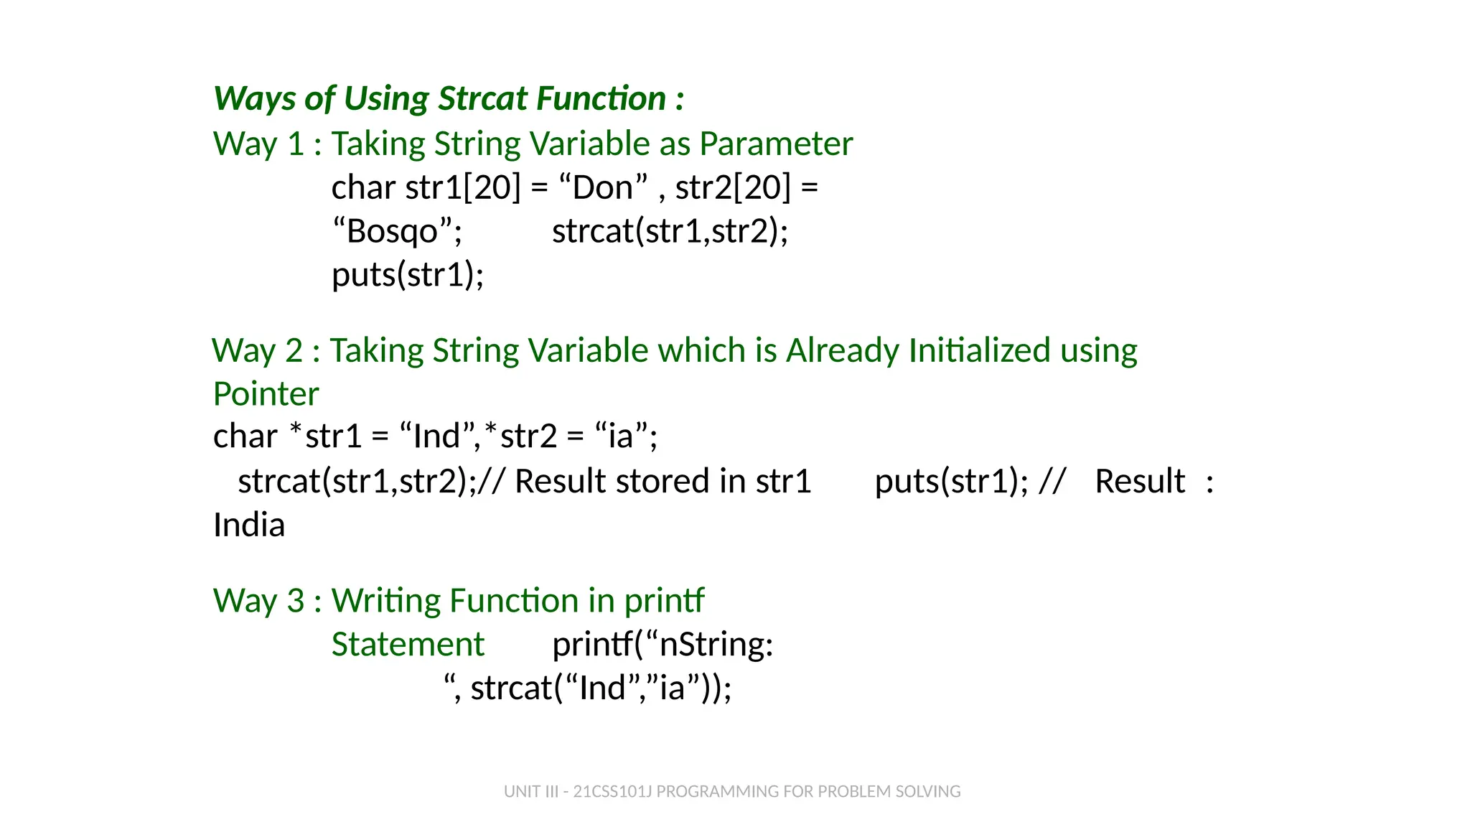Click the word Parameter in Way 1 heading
[776, 144]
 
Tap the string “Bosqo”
[397, 232]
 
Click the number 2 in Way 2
[294, 351]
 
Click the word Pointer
[266, 394]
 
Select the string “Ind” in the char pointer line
[437, 436]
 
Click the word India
[249, 525]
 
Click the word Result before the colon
[1140, 481]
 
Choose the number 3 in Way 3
[296, 601]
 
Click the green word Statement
[408, 645]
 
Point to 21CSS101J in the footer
[612, 792]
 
